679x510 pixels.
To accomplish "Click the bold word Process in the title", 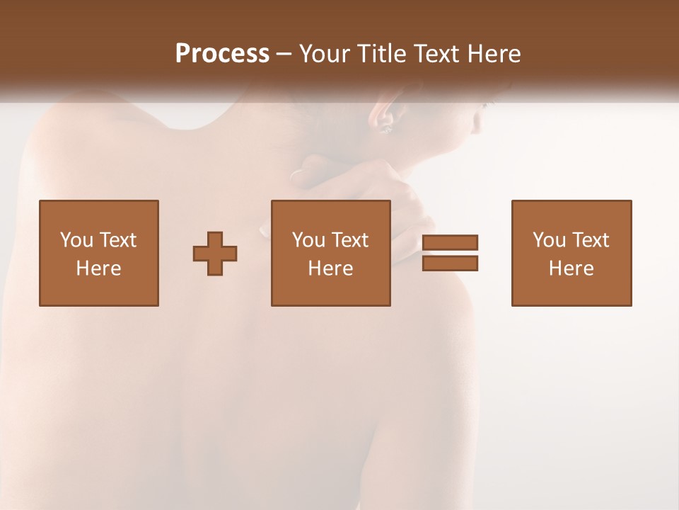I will click(222, 54).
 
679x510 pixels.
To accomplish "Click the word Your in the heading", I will click(323, 54).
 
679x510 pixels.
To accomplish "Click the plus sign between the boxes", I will click(215, 254).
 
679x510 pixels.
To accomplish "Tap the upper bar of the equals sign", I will click(450, 242).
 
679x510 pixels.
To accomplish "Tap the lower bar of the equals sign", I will click(450, 263).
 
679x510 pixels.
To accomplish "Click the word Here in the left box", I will click(98, 268).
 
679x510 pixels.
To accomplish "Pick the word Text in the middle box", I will click(350, 240).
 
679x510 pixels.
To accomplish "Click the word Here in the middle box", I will click(330, 268).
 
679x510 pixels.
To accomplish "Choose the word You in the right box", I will click(550, 240).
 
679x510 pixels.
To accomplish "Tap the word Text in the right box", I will click(591, 240).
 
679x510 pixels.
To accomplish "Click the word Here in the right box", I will click(571, 268).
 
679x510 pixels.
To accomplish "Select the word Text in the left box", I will click(118, 240).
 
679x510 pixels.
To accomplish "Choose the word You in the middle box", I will click(309, 240).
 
